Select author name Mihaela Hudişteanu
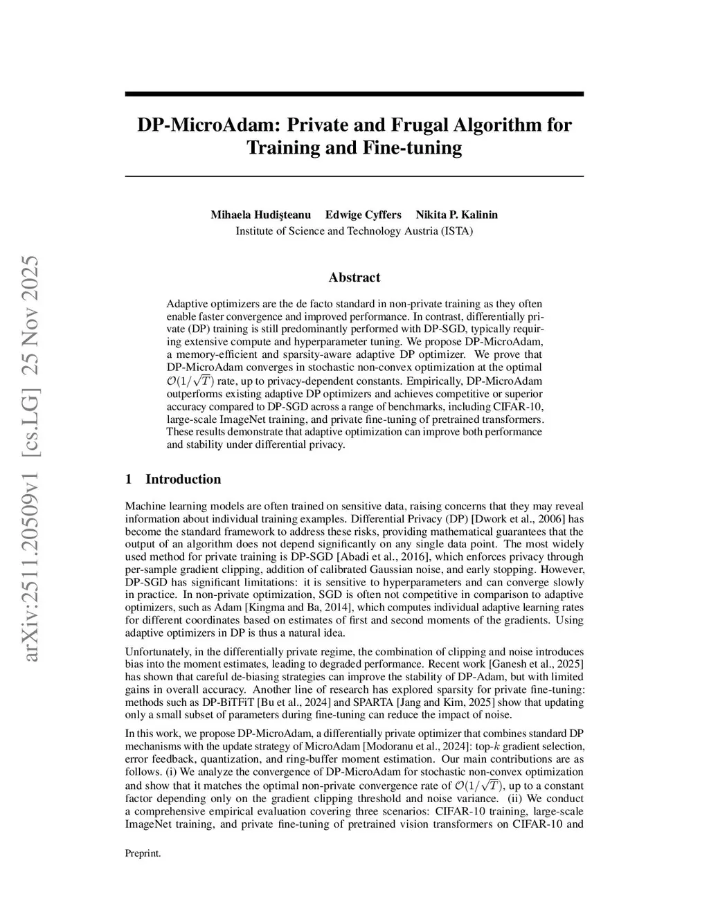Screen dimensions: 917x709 pyautogui.click(x=260, y=215)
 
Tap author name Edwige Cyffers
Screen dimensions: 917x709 pyautogui.click(x=363, y=215)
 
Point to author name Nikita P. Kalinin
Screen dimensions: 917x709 pyautogui.click(x=456, y=215)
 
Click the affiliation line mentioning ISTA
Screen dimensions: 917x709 pyautogui.click(x=354, y=230)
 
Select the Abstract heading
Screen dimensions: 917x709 pyautogui.click(x=354, y=278)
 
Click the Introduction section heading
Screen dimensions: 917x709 pyautogui.click(x=183, y=479)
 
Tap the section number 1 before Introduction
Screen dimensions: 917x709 pyautogui.click(x=129, y=479)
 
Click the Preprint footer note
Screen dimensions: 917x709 pyautogui.click(x=143, y=853)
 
